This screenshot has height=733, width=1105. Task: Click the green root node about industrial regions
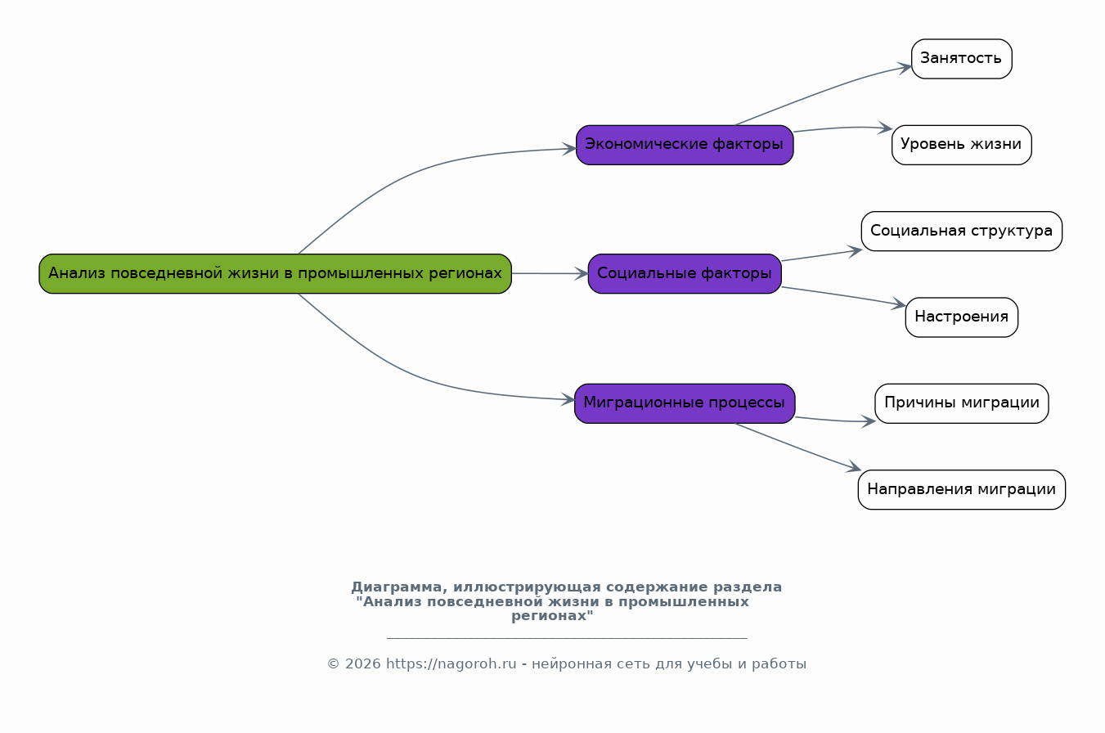tap(276, 274)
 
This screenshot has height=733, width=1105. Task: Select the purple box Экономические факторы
tap(685, 145)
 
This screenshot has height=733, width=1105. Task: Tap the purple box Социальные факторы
tap(685, 274)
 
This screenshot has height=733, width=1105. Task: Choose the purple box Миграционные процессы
tap(685, 403)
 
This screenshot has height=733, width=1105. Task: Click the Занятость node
tap(961, 59)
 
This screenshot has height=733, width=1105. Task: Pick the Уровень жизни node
tap(961, 145)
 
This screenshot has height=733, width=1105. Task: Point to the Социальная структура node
tap(961, 232)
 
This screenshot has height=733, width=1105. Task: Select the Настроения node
tap(961, 317)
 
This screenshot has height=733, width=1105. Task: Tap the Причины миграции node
tap(961, 403)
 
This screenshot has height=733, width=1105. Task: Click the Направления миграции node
tap(961, 490)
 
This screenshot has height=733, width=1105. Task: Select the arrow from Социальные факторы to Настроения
tap(843, 296)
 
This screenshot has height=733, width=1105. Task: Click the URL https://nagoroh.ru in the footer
tap(451, 664)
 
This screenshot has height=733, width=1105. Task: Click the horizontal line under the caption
tap(567, 638)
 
